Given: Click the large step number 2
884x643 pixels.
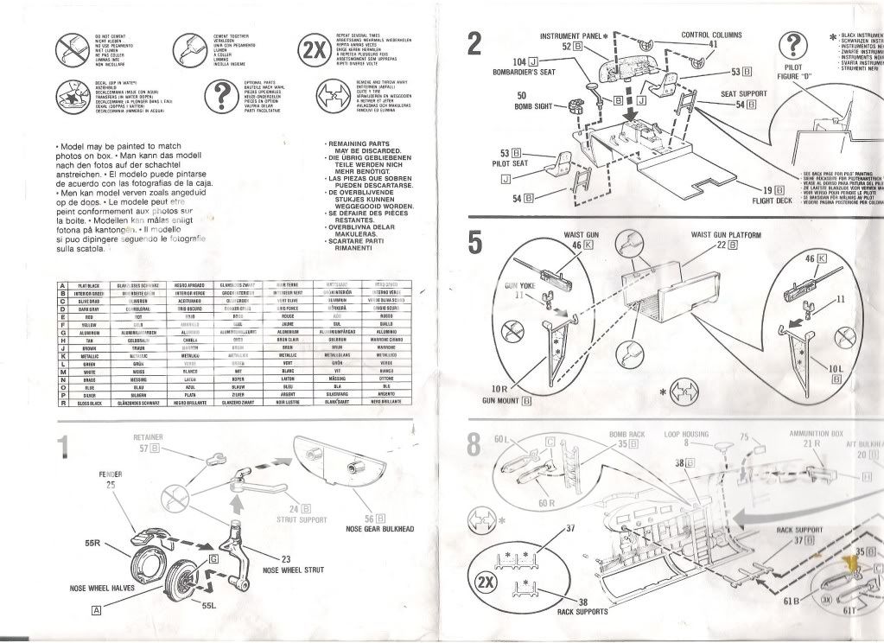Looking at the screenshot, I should (474, 43).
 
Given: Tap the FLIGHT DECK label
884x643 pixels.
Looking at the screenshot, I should (772, 201).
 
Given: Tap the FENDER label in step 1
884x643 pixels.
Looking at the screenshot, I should (110, 474).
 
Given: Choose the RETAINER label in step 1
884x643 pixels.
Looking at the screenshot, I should (149, 438).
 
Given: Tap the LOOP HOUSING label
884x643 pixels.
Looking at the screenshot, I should (685, 434).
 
